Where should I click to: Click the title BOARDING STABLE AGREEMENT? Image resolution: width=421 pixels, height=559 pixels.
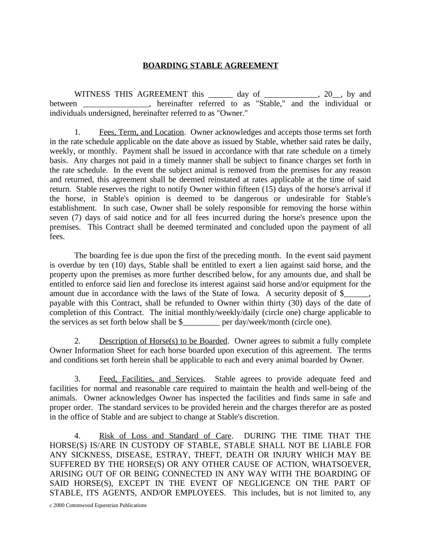(x=210, y=66)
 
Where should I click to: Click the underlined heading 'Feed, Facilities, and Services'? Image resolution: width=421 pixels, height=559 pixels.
(x=151, y=379)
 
